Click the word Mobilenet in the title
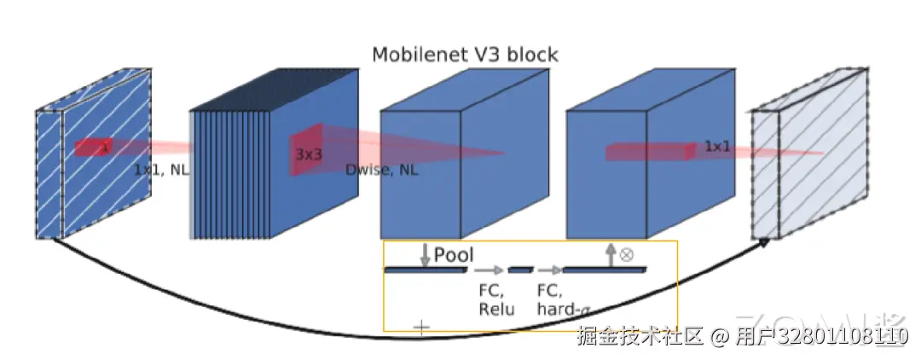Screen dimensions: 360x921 [415, 55]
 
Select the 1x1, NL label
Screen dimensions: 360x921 [162, 170]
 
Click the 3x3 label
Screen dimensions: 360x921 [309, 155]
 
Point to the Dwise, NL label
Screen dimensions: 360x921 [382, 170]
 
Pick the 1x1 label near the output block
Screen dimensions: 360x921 [718, 147]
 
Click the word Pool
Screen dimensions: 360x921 [454, 254]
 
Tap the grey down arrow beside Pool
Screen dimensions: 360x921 [424, 254]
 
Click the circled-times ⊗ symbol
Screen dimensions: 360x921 [626, 254]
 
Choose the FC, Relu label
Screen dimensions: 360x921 [495, 299]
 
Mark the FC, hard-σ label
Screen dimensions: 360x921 [559, 299]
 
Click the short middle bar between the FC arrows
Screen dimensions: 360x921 [520, 270]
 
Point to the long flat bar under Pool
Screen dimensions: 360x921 [425, 270]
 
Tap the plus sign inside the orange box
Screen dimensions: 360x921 [421, 327]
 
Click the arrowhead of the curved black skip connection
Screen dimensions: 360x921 [764, 242]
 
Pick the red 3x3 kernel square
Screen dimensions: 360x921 [306, 150]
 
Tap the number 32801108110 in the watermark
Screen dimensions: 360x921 [841, 336]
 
